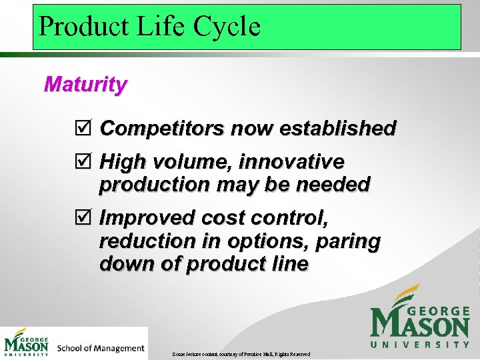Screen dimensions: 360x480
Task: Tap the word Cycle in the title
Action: pyautogui.click(x=227, y=27)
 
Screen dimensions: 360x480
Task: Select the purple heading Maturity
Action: pyautogui.click(x=85, y=85)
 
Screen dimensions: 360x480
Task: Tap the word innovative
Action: pyautogui.click(x=291, y=162)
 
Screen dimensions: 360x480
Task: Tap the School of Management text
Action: pyautogui.click(x=101, y=348)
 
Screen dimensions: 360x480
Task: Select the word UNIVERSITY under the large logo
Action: pyautogui.click(x=419, y=345)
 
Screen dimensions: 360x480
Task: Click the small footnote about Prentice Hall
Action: pyautogui.click(x=241, y=353)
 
